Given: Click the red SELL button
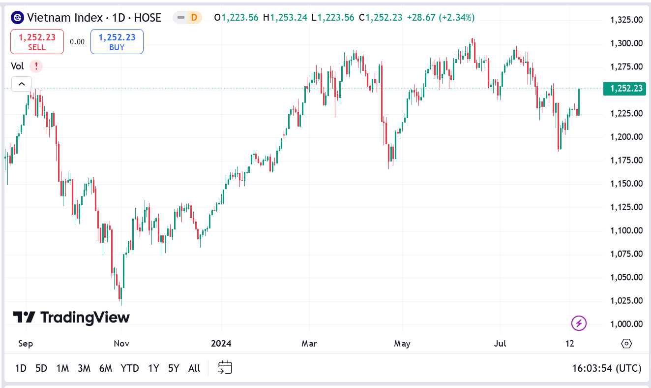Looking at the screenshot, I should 37,42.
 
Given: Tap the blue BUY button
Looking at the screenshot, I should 117,42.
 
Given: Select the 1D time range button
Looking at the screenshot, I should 21,368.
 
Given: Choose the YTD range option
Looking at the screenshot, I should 130,368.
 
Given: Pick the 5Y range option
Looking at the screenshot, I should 174,368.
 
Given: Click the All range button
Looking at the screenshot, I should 194,368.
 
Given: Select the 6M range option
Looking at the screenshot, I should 106,368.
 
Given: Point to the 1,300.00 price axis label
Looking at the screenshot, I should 626,43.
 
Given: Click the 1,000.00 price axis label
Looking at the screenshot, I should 626,324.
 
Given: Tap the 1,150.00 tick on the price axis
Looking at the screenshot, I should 626,184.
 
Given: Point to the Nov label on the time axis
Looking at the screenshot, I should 121,343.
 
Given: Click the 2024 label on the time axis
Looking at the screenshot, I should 221,343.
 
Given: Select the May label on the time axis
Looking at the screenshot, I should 402,343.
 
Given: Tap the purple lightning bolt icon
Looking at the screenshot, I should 579,323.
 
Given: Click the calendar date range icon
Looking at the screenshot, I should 225,367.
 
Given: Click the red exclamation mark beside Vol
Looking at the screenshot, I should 36,66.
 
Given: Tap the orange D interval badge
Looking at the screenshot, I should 194,18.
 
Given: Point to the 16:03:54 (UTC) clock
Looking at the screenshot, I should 607,368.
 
